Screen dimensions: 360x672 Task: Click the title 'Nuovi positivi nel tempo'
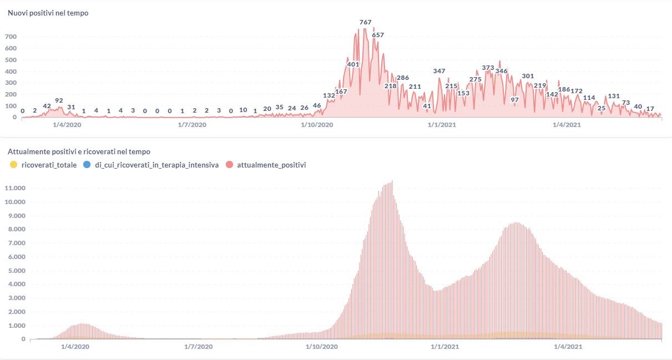tap(48, 13)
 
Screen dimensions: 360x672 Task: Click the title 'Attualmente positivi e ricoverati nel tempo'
tap(79, 151)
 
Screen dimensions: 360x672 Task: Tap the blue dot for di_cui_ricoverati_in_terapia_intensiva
tap(85, 165)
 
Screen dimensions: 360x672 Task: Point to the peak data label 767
tap(365, 22)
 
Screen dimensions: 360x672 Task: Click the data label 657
tap(378, 35)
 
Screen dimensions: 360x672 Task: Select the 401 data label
tap(353, 64)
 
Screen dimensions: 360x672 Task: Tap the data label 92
tap(59, 100)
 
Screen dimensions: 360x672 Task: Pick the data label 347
tap(439, 71)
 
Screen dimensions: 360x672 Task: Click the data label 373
tap(488, 68)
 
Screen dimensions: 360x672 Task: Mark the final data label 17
tap(650, 108)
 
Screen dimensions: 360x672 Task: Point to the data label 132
tap(329, 95)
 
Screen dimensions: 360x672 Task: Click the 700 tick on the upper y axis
tap(11, 37)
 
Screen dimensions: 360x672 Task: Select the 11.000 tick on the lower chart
tap(16, 188)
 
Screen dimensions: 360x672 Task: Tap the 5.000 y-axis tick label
tap(16, 271)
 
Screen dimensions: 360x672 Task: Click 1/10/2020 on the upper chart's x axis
tap(317, 125)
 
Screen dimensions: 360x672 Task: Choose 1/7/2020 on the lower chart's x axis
tap(197, 347)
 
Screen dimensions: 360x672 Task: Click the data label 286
tap(403, 78)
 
